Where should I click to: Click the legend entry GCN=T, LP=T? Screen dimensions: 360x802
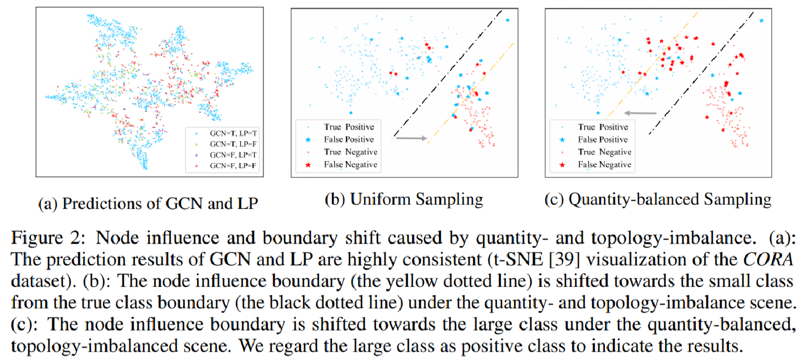click(x=230, y=134)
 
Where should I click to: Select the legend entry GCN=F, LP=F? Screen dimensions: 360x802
click(x=230, y=166)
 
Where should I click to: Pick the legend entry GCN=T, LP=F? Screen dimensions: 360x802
click(x=230, y=145)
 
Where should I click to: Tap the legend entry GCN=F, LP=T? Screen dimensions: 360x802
click(x=230, y=155)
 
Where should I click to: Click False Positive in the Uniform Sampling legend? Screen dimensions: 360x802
click(x=348, y=139)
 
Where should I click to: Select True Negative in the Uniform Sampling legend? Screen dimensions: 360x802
click(x=348, y=152)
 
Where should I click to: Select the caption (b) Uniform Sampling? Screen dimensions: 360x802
click(x=404, y=200)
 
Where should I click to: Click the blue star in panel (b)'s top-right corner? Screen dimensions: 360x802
click(x=507, y=20)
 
